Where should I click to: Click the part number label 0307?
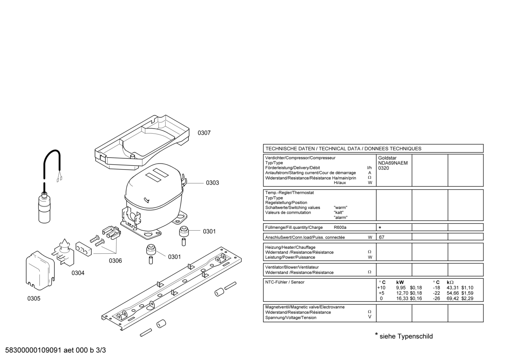(x=204, y=133)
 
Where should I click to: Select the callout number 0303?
(x=212, y=183)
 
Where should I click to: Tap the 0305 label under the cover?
(x=34, y=299)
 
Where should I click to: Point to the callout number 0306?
(x=115, y=261)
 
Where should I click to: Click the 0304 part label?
(x=78, y=273)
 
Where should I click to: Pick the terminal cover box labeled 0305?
(x=40, y=271)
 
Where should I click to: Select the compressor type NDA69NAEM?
(x=393, y=163)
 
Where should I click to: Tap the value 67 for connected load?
(x=382, y=237)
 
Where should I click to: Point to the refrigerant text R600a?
(x=340, y=228)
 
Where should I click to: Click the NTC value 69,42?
(x=453, y=299)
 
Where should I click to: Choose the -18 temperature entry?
(x=436, y=288)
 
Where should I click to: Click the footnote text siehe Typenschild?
(x=406, y=336)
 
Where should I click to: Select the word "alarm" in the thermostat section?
(x=340, y=218)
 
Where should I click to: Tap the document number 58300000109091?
(x=33, y=350)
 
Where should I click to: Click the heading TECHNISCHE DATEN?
(x=290, y=149)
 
